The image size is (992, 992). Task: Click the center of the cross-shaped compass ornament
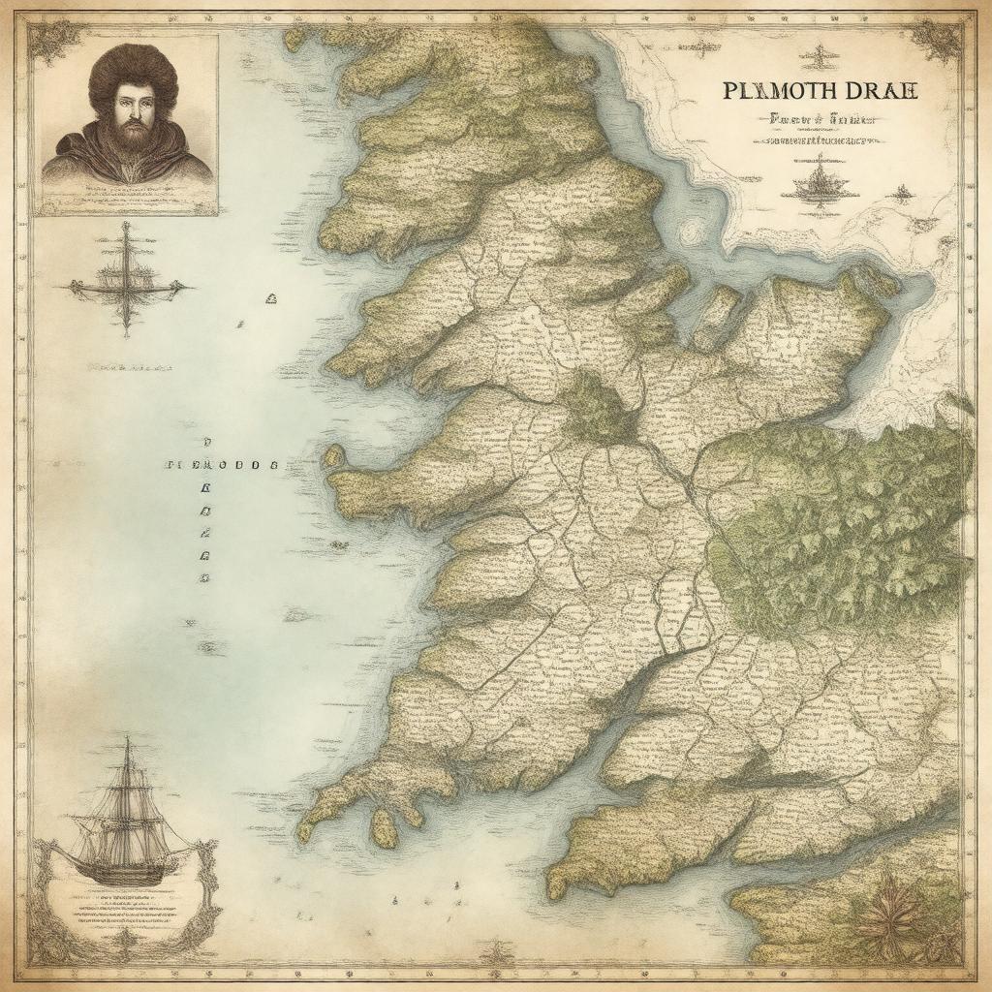click(125, 285)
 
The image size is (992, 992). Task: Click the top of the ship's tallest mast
click(126, 741)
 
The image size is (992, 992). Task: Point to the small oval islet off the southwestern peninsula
click(384, 827)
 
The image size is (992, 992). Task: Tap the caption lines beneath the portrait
click(127, 199)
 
